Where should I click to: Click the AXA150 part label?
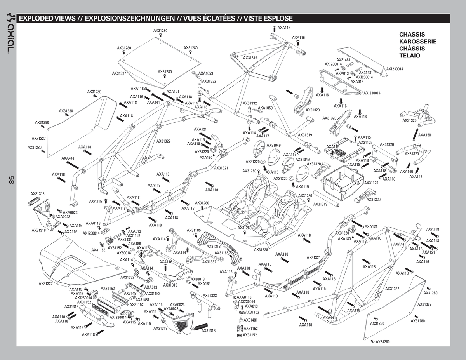coord(424,135)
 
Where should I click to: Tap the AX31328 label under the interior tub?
coord(261,250)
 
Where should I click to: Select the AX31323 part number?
coord(210,296)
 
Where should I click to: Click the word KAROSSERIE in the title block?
coord(417,42)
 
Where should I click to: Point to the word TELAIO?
coord(409,56)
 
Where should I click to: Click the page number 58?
coord(11,180)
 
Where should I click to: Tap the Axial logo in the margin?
coord(11,33)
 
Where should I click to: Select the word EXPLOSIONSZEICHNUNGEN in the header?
coord(130,18)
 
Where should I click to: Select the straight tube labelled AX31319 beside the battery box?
coord(326,198)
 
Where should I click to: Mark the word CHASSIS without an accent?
coord(412,35)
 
